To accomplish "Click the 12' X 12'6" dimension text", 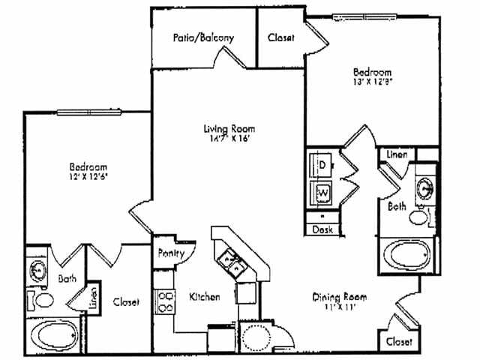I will (x=88, y=175).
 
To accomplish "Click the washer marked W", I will (x=323, y=192).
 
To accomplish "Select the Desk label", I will (x=322, y=229).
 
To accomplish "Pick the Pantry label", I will (x=171, y=253).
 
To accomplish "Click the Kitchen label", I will (x=204, y=297).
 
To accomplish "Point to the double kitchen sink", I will (x=229, y=262).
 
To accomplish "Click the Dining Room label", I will (x=339, y=297).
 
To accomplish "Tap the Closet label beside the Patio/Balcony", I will (x=280, y=37).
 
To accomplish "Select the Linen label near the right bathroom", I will (x=397, y=154).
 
